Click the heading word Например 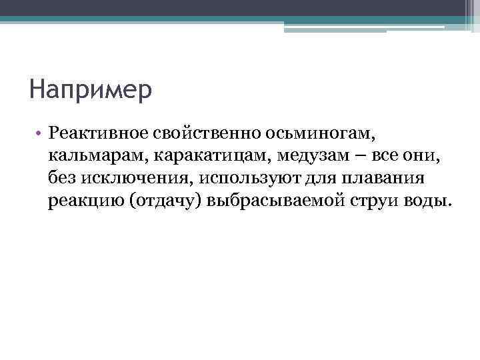[x=91, y=89]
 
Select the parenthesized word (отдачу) [x=164, y=201]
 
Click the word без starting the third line [x=63, y=178]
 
